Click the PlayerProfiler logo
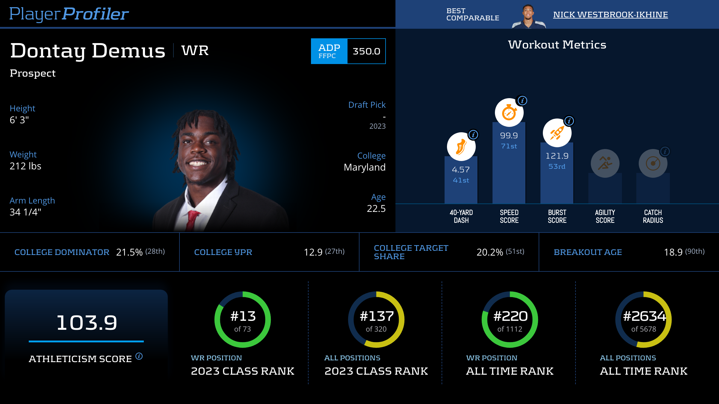pos(69,14)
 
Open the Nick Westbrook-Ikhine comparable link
pos(610,15)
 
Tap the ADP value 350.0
pos(366,51)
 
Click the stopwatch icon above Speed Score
pos(509,113)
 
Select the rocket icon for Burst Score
pos(557,133)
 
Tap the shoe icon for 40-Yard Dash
pos(461,147)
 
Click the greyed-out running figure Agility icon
pos(605,163)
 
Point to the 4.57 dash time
pos(461,170)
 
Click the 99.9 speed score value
pos(509,136)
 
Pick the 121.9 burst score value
pos(557,156)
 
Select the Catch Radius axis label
pos(653,216)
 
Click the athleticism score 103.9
pos(87,323)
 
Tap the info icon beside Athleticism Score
pos(139,356)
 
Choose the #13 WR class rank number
pos(243,316)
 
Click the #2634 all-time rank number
pos(644,316)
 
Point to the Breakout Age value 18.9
pos(673,252)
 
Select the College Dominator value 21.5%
pos(129,252)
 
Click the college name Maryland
pos(365,167)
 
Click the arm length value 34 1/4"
pos(25,212)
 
